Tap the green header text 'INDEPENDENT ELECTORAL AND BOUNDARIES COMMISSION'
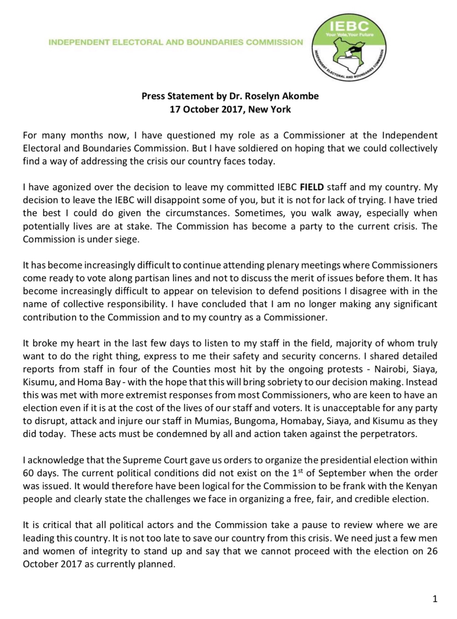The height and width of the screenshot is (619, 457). (x=176, y=42)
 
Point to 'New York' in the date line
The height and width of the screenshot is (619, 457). (x=269, y=109)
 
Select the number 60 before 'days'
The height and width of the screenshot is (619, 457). (x=28, y=473)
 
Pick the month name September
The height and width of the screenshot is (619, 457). (x=338, y=473)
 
